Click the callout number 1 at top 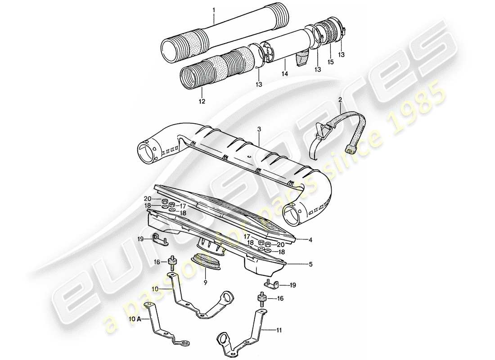pos(214,9)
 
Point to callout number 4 pos(310,240)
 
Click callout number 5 pos(310,265)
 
